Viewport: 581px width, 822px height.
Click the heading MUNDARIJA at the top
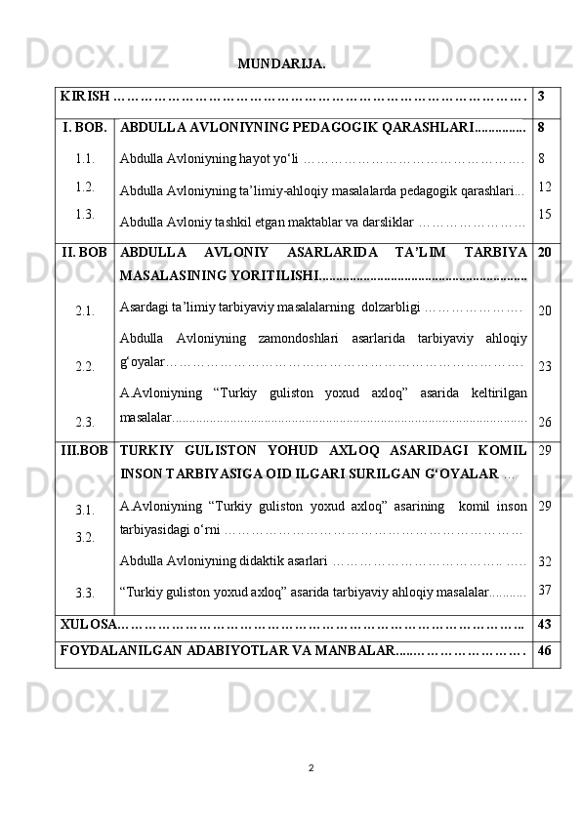281,64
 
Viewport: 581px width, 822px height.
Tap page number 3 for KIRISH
541,97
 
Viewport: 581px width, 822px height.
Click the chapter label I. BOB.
85,127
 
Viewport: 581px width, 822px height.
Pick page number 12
545,185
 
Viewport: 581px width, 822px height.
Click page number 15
545,213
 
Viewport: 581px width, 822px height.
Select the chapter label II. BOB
85,252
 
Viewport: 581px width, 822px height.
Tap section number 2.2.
85,366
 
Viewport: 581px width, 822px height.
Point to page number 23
545,366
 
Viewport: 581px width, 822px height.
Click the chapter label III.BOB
85,451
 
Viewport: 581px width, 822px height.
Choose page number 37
545,590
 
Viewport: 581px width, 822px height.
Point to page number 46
545,649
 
